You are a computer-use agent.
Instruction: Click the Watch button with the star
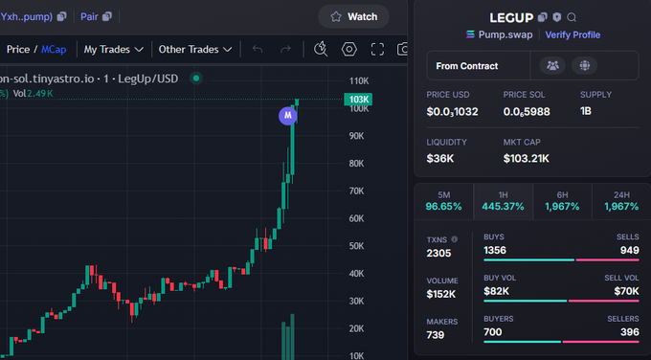click(353, 16)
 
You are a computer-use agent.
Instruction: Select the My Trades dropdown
click(113, 49)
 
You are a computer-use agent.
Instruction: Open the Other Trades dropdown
click(195, 49)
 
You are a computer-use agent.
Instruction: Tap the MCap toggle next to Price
click(54, 49)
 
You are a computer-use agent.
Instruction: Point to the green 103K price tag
click(359, 100)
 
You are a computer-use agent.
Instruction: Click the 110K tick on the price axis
click(360, 80)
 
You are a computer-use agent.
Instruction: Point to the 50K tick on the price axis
click(359, 246)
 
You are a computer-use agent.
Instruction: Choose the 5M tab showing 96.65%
click(443, 199)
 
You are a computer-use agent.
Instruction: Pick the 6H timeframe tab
click(562, 199)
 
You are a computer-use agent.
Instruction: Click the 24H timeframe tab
click(620, 199)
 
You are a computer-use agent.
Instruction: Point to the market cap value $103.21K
click(527, 158)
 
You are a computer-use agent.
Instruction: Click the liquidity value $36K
click(440, 158)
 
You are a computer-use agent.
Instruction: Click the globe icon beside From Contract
click(584, 65)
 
